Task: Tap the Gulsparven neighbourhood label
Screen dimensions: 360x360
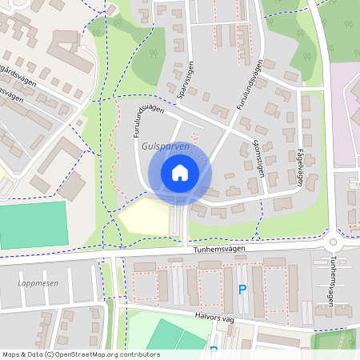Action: pyautogui.click(x=165, y=148)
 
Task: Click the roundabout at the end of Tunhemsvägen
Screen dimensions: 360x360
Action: pyautogui.click(x=334, y=242)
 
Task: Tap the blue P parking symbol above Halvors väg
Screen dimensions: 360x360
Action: pyautogui.click(x=242, y=290)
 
